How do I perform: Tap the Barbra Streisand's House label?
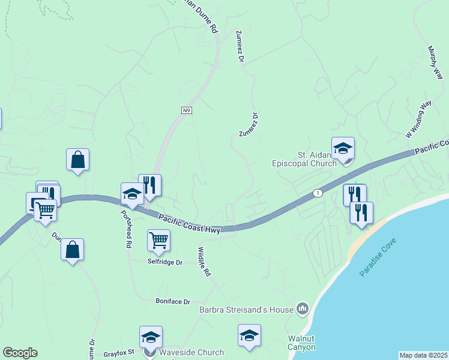[x=247, y=310]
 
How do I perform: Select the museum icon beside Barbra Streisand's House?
[x=303, y=310]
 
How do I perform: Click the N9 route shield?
[x=187, y=110]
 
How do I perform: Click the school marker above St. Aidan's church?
[x=343, y=148]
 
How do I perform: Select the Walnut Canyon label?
[x=301, y=343]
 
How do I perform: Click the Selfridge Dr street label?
[x=164, y=262]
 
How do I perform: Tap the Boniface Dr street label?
[x=172, y=301]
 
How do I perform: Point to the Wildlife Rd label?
[x=204, y=262]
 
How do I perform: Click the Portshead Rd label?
[x=125, y=229]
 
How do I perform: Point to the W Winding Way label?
[x=419, y=120]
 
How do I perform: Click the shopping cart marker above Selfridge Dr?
[x=158, y=240]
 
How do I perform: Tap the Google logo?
[x=20, y=353]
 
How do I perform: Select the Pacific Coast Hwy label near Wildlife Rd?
[x=189, y=223]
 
